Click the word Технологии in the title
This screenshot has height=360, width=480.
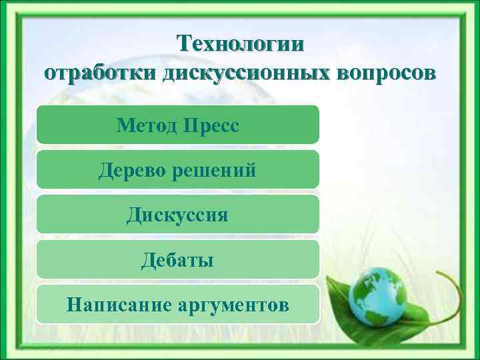tap(240, 44)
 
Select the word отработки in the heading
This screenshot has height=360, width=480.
tap(99, 72)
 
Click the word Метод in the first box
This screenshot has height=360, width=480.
tap(147, 125)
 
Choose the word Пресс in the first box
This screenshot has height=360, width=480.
tap(211, 125)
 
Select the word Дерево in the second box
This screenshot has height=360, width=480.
tap(131, 170)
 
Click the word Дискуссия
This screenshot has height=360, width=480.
tap(178, 215)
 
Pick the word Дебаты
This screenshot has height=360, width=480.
tap(177, 259)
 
